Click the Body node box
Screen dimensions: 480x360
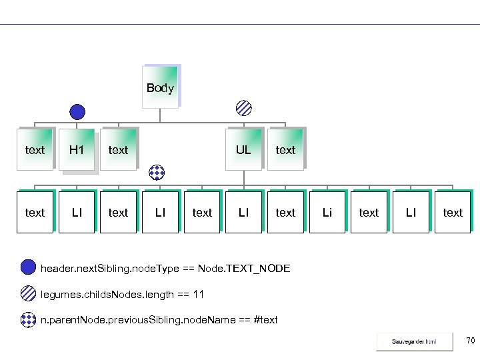pyautogui.click(x=160, y=87)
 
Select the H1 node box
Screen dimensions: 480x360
pyautogui.click(x=77, y=150)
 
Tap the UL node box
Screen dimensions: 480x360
pyautogui.click(x=243, y=150)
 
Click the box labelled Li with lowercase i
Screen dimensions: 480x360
pyautogui.click(x=327, y=213)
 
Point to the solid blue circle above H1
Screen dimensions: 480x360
pyautogui.click(x=78, y=112)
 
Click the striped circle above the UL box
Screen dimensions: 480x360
pyautogui.click(x=245, y=107)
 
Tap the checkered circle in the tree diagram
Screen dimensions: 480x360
pyautogui.click(x=156, y=173)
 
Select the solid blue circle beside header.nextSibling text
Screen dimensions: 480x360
pyautogui.click(x=28, y=268)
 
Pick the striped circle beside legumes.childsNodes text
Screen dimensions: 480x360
pyautogui.click(x=28, y=294)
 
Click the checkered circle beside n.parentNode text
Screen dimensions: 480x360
pyautogui.click(x=28, y=319)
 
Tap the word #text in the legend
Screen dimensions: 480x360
pyautogui.click(x=266, y=320)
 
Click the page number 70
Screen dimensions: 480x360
pyautogui.click(x=470, y=341)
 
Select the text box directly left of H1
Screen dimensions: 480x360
pyautogui.click(x=35, y=150)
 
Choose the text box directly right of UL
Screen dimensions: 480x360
pyautogui.click(x=285, y=150)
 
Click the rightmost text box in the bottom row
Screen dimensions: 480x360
pyautogui.click(x=453, y=213)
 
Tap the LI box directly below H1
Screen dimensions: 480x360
pyautogui.click(x=77, y=213)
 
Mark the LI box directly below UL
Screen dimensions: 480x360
pyautogui.click(x=243, y=213)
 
